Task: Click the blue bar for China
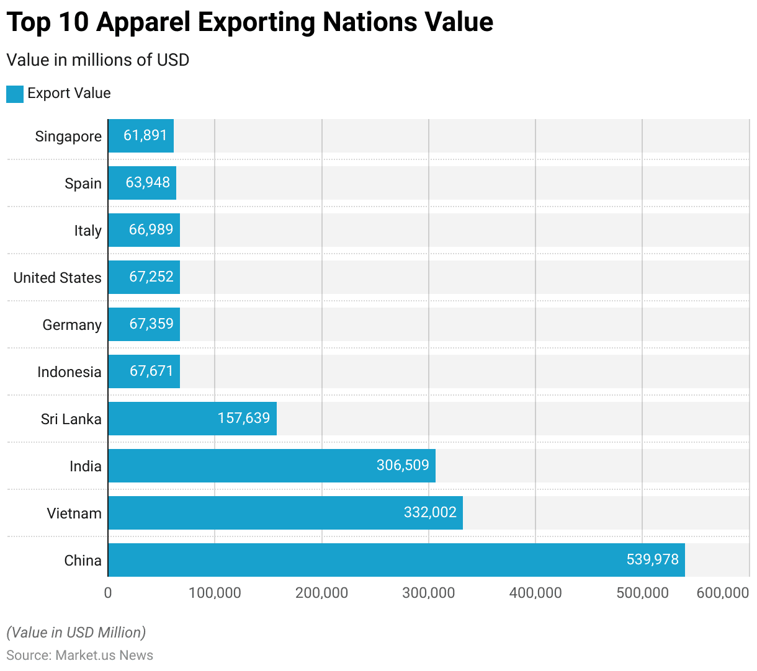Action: [x=396, y=560]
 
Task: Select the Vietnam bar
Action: [x=285, y=513]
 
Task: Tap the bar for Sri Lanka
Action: [x=192, y=419]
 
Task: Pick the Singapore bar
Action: [x=141, y=136]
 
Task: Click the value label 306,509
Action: [x=403, y=465]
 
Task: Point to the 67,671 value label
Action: [x=151, y=371]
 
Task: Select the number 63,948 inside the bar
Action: [x=148, y=182]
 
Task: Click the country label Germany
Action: [x=72, y=325]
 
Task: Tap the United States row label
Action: [x=58, y=278]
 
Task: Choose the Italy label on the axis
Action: [x=87, y=231]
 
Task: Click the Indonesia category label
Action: [x=69, y=372]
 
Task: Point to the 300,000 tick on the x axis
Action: [x=429, y=593]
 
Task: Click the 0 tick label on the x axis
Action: [x=108, y=593]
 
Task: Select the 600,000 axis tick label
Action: [x=723, y=593]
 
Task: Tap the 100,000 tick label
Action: [x=215, y=593]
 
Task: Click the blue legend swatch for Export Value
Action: [x=15, y=94]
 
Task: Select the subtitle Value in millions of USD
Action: [x=98, y=60]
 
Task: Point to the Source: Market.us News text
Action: [x=79, y=655]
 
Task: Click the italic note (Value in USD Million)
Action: [x=76, y=633]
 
